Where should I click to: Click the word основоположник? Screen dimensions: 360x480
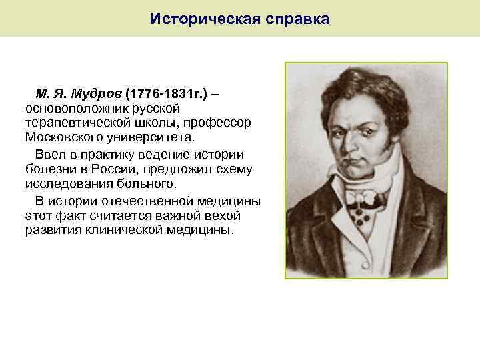tap(74, 108)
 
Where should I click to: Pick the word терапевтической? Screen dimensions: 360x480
tap(74, 123)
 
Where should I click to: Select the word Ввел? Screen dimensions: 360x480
tap(49, 154)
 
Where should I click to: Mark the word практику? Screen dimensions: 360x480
tap(107, 154)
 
